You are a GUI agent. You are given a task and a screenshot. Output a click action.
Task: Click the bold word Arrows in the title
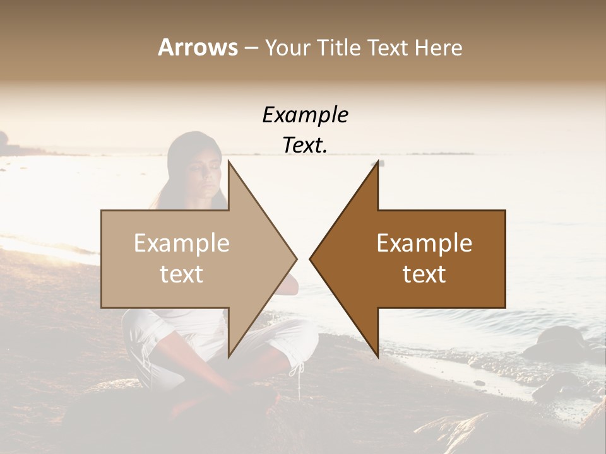pyautogui.click(x=198, y=47)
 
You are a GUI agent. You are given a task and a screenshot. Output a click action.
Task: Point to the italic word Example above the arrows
pyautogui.click(x=305, y=115)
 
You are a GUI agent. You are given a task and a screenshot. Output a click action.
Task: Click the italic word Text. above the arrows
pyautogui.click(x=305, y=145)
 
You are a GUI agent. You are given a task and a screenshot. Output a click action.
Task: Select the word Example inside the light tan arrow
pyautogui.click(x=182, y=243)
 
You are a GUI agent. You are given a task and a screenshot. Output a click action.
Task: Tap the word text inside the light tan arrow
pyautogui.click(x=182, y=274)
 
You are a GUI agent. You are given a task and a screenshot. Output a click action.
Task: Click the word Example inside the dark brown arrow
pyautogui.click(x=424, y=243)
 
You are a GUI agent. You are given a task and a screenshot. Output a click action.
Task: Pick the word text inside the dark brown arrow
pyautogui.click(x=424, y=274)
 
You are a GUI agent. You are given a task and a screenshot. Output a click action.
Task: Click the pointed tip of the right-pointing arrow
pyautogui.click(x=295, y=259)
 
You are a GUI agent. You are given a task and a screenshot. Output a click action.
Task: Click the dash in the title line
pyautogui.click(x=251, y=48)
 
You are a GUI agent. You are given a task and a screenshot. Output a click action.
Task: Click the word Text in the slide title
pyautogui.click(x=387, y=47)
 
